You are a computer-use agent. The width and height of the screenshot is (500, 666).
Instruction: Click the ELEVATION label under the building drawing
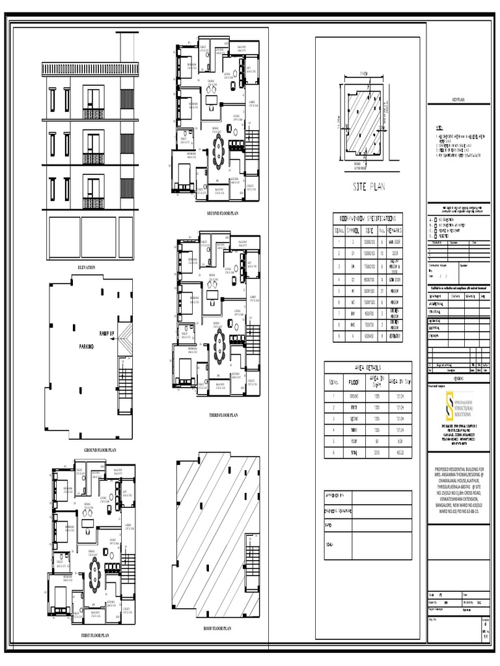[x=87, y=267]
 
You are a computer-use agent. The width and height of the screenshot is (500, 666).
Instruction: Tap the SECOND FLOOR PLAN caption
[x=223, y=213]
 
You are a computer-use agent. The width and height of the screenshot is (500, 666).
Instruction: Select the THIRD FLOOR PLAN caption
[x=223, y=414]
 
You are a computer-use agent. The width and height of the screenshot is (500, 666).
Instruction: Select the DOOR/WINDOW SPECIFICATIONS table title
[x=368, y=219]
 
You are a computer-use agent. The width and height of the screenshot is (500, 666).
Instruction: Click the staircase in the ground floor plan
[x=124, y=377]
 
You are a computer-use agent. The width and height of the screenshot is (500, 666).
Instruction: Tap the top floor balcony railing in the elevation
[x=93, y=114]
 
